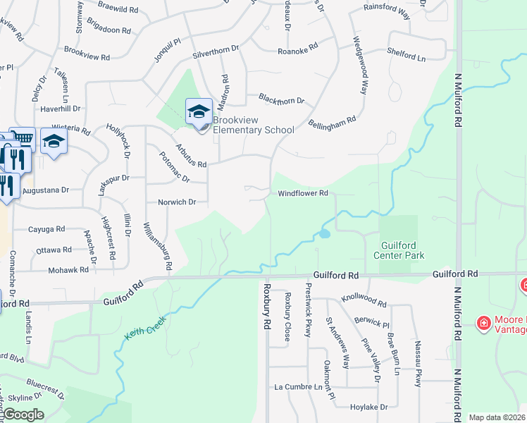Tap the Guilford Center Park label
pyautogui.click(x=398, y=250)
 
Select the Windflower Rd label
pyautogui.click(x=303, y=192)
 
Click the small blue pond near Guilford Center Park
pyautogui.click(x=324, y=233)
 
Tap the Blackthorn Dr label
pyautogui.click(x=280, y=101)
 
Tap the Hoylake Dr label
pyautogui.click(x=369, y=407)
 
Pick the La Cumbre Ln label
pyautogui.click(x=298, y=387)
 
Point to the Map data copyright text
pyautogui.click(x=497, y=417)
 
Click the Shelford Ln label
pyautogui.click(x=407, y=51)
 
